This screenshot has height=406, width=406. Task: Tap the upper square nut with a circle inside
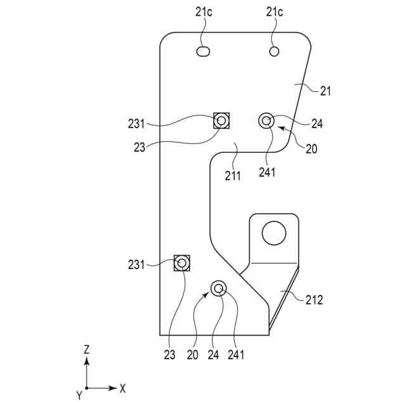(x=221, y=120)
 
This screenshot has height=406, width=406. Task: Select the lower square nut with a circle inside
(x=182, y=262)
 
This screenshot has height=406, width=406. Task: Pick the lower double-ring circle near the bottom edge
(x=219, y=289)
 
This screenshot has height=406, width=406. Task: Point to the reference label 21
(x=325, y=91)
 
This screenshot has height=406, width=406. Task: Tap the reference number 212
(x=313, y=300)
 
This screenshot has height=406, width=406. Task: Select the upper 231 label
(x=135, y=124)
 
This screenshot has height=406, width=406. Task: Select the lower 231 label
(x=135, y=265)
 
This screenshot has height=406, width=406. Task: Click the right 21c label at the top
(x=275, y=12)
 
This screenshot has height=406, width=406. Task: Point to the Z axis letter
(x=86, y=349)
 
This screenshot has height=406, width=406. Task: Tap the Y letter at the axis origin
(x=79, y=396)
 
